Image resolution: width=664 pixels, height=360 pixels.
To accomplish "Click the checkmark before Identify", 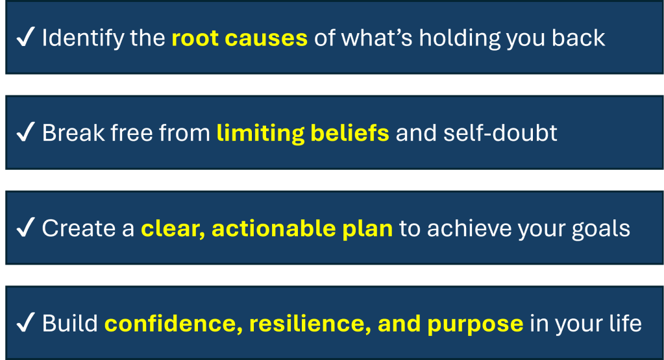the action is (x=25, y=37).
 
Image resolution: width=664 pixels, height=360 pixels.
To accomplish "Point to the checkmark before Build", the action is (x=25, y=322).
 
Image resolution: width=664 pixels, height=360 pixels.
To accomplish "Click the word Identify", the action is (x=82, y=38).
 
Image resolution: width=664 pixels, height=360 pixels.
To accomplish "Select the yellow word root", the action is (x=195, y=38).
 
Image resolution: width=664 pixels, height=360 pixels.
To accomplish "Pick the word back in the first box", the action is (x=578, y=38).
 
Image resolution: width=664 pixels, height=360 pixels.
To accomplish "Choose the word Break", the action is (x=73, y=133).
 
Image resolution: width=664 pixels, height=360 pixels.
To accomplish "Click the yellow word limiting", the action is (x=260, y=134).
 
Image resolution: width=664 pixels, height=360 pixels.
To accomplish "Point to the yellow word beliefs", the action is (x=350, y=133).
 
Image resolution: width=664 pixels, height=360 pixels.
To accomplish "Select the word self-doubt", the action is (x=500, y=133).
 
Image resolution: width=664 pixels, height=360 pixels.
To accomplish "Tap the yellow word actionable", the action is (x=273, y=228).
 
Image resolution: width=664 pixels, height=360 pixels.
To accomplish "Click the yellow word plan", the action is (x=367, y=230).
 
